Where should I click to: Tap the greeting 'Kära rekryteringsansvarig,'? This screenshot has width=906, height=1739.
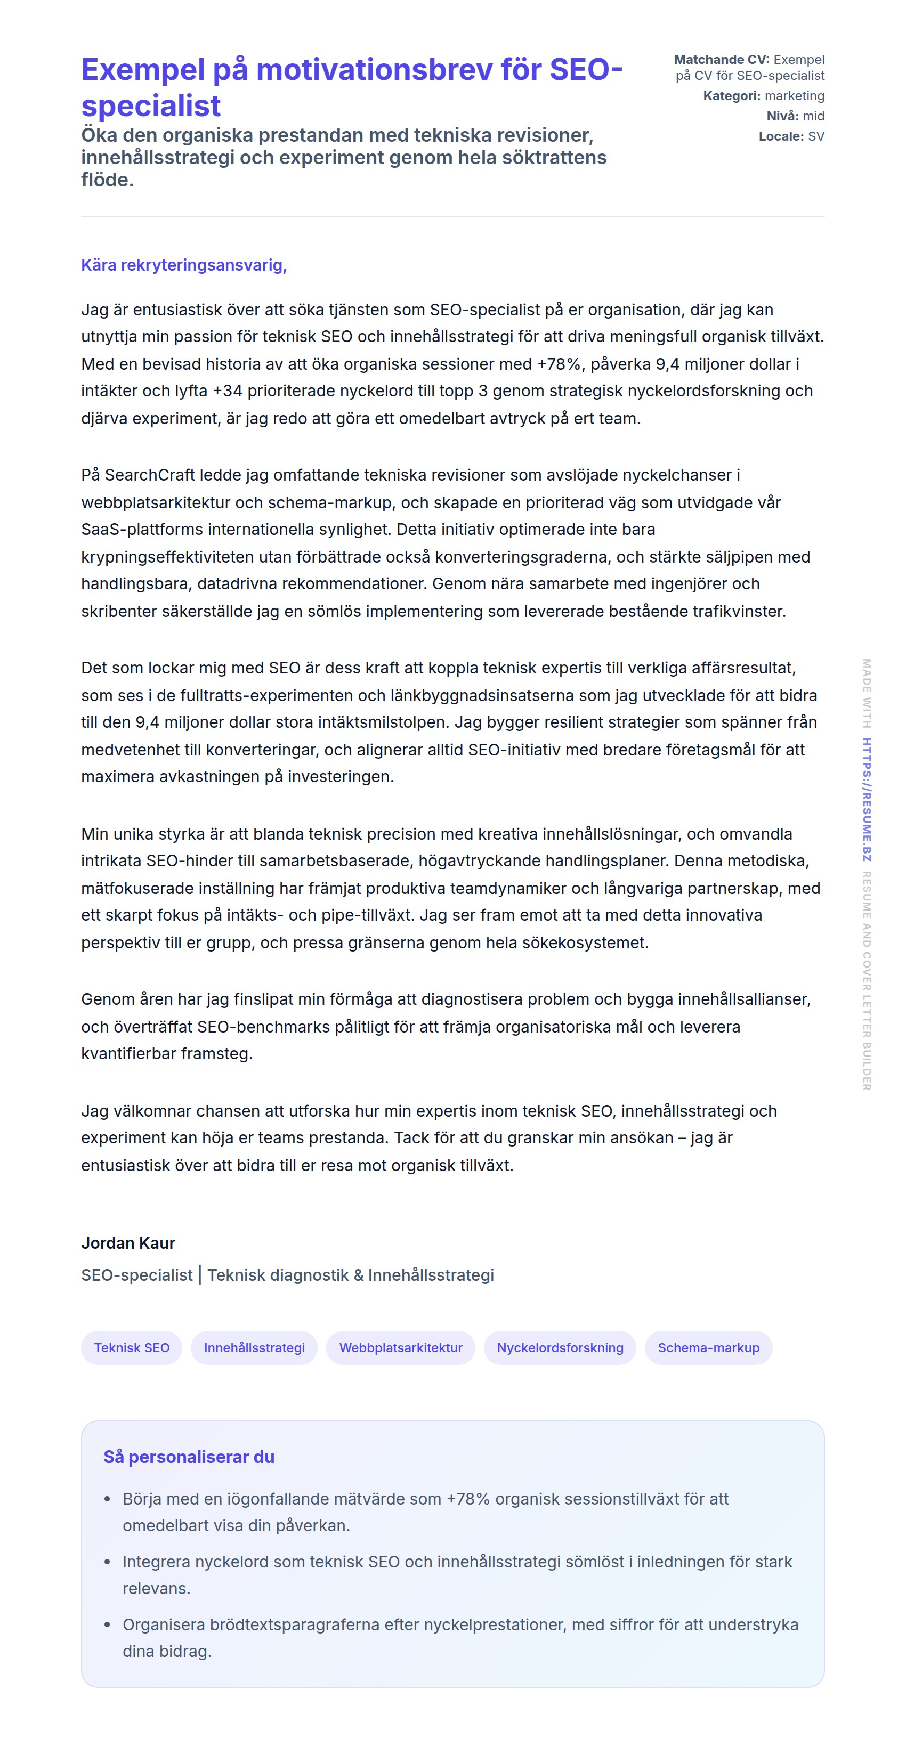[x=184, y=265]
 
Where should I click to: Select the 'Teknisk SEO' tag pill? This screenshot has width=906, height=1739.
[x=132, y=1347]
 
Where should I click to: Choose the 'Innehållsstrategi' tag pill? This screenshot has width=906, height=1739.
[x=254, y=1347]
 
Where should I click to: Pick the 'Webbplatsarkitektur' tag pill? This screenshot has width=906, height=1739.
[x=400, y=1347]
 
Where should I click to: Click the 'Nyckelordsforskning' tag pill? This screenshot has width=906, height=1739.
[x=560, y=1347]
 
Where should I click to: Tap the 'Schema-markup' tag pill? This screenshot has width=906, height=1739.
[x=708, y=1347]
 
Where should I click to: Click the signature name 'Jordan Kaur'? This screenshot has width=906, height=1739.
[x=128, y=1243]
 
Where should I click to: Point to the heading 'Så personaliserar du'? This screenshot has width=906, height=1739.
[x=189, y=1457]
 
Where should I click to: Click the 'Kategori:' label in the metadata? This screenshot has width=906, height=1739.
[x=732, y=96]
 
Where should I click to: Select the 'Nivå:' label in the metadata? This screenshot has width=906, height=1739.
[x=782, y=116]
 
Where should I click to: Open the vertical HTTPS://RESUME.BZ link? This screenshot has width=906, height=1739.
[x=867, y=800]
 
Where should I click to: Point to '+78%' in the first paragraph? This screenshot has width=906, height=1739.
[x=559, y=364]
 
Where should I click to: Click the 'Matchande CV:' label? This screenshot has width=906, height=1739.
[x=721, y=60]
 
